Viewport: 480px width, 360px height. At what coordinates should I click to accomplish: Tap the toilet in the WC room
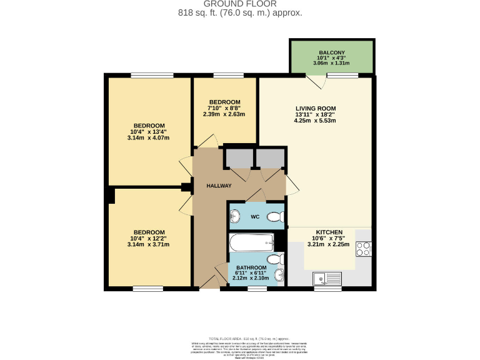(x=274, y=217)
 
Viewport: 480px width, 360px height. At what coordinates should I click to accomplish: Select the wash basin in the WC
(x=235, y=217)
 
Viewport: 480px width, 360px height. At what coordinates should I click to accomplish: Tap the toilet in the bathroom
(x=274, y=259)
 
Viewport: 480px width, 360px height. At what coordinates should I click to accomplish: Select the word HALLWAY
(x=219, y=186)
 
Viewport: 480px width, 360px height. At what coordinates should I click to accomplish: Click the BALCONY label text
(x=331, y=52)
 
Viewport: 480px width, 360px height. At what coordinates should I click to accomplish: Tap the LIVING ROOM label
(x=316, y=108)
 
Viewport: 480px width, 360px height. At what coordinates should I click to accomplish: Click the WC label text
(x=254, y=217)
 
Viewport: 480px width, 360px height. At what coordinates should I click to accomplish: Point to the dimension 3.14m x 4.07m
(x=149, y=138)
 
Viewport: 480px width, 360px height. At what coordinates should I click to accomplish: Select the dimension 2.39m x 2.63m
(x=225, y=114)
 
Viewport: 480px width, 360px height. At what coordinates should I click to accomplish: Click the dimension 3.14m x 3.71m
(x=149, y=245)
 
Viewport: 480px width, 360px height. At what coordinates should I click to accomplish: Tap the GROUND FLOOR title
(x=240, y=4)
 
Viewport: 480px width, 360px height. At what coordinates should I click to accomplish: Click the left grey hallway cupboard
(x=238, y=159)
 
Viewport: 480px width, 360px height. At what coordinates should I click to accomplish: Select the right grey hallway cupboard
(x=269, y=159)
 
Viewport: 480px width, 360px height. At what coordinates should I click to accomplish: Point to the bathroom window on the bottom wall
(x=256, y=288)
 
